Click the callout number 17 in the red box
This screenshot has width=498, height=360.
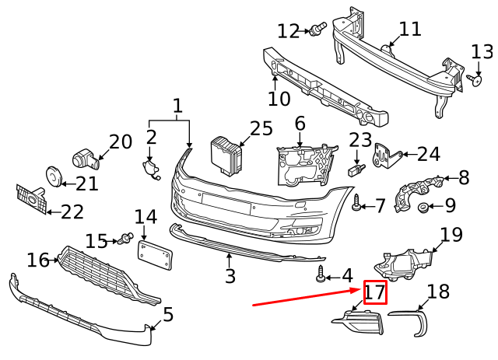pos(375,293)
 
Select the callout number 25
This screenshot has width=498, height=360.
pos(262,128)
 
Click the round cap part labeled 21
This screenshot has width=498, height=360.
pos(53,177)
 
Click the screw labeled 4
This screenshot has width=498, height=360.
pos(320,274)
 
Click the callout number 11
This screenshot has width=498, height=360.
pos(410,30)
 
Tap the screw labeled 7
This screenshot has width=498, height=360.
pos(356,204)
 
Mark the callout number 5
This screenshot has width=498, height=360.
pos(168,316)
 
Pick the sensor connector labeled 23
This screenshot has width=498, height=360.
pos(355,170)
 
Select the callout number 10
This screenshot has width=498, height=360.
pos(279,99)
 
